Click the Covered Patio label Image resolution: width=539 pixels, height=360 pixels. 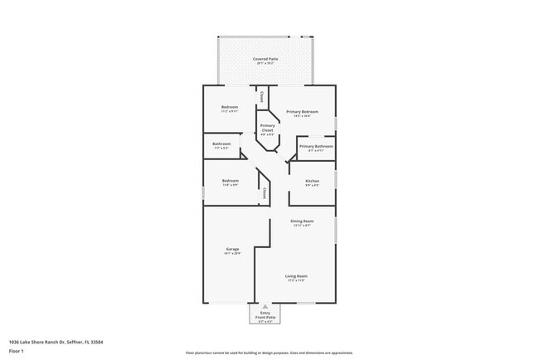[266, 60]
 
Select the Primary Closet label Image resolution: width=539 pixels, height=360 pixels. [267, 128]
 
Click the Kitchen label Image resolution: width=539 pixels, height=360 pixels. [313, 181]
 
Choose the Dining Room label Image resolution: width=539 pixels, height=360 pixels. [301, 221]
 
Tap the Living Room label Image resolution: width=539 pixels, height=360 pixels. [296, 276]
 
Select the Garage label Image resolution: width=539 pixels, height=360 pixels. [231, 249]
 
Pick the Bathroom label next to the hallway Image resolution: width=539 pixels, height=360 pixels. [221, 144]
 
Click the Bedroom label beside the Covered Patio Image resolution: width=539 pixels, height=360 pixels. [230, 107]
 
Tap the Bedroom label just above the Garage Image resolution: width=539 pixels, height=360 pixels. [231, 181]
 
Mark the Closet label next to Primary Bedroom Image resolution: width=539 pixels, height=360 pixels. [263, 96]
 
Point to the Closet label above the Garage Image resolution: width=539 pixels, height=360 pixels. [264, 193]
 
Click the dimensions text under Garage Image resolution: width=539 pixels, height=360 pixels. [231, 254]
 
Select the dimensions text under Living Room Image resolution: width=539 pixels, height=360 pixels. [296, 281]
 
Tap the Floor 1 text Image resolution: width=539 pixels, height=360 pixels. [16, 351]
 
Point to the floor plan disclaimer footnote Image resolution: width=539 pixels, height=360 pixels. [269, 352]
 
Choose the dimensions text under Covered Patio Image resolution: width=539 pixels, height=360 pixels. [266, 65]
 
